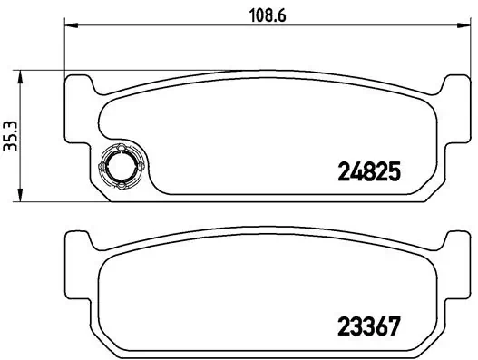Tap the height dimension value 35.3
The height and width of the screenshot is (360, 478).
pos(12,136)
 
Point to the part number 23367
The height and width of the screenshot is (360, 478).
pos(369,325)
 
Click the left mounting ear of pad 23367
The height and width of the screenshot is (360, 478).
pos(80,243)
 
